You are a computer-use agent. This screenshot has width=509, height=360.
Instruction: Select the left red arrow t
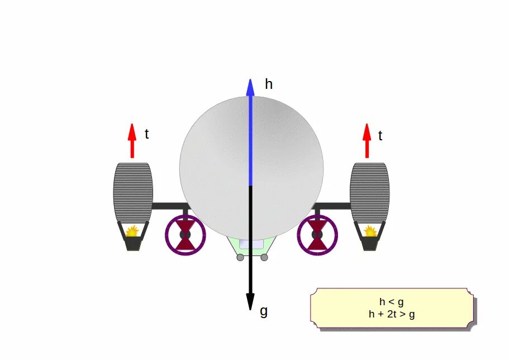click(x=132, y=140)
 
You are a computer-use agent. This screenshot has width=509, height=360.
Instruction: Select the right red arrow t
click(x=367, y=140)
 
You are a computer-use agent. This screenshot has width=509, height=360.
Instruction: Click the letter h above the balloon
click(x=269, y=85)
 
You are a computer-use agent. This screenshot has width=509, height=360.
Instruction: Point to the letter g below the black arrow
click(x=264, y=311)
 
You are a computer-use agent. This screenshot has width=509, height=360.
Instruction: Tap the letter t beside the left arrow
click(x=146, y=134)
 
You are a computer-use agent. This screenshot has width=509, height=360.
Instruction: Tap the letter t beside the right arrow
click(x=380, y=135)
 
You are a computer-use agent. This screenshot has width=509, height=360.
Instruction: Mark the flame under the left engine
click(x=132, y=230)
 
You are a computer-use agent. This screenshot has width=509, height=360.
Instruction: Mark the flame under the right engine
click(x=369, y=230)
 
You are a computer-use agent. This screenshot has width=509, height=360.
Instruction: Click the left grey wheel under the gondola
click(x=240, y=257)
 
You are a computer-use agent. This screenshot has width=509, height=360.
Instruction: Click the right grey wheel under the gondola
click(x=264, y=257)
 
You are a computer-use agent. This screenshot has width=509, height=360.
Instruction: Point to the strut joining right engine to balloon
click(x=334, y=206)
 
